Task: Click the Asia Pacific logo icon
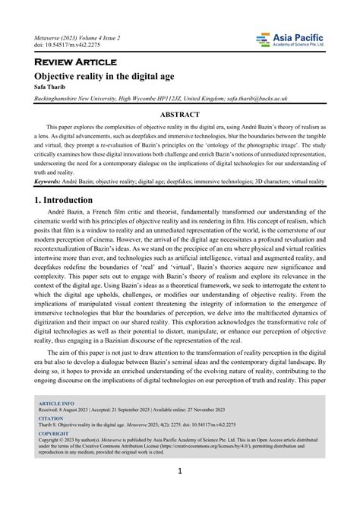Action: (264, 39)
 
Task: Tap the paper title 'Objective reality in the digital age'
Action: (102, 77)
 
